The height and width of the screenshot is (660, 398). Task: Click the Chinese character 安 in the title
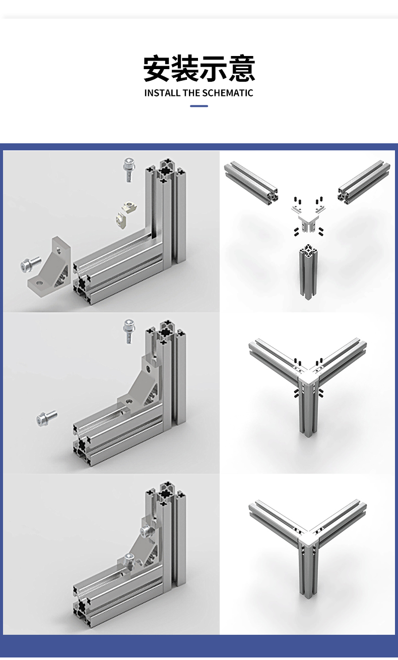[157, 68]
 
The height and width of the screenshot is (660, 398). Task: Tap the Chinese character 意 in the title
[241, 68]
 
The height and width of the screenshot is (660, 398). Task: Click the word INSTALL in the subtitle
[162, 93]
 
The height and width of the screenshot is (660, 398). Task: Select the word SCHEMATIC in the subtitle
[227, 93]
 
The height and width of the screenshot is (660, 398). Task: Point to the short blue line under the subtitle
[199, 106]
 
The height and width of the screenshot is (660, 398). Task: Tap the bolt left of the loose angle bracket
[31, 264]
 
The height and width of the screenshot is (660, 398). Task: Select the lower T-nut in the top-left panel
[121, 221]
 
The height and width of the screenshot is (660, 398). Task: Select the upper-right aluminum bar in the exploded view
[364, 182]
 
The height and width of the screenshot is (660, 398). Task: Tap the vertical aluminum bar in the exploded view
[308, 271]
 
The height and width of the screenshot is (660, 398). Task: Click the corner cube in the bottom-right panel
[308, 540]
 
